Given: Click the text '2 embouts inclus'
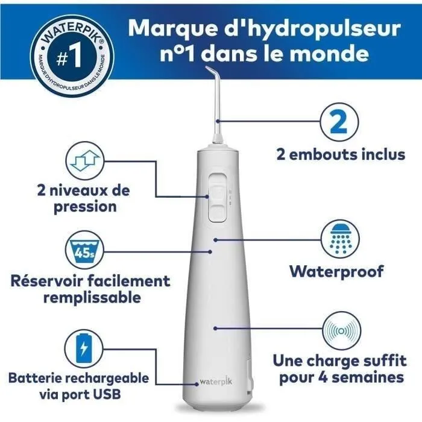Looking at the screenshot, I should point(340,154).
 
